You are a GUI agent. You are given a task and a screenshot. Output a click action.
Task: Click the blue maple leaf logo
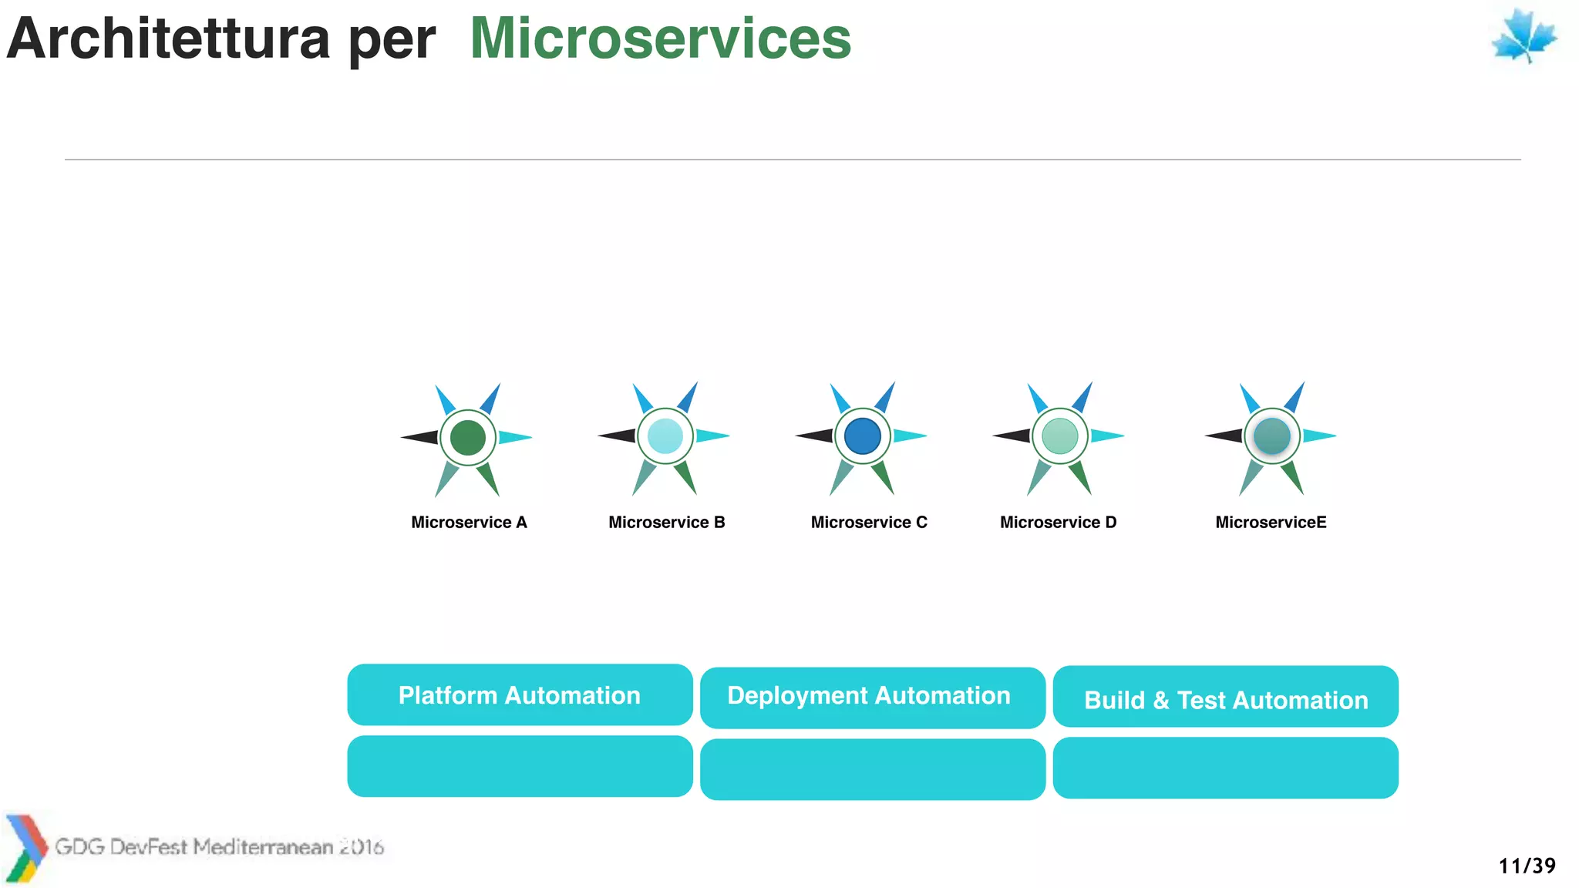click(1523, 36)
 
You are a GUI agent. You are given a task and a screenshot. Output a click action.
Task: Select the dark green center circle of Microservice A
click(467, 438)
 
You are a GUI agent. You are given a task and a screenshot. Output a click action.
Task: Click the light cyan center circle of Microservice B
click(665, 436)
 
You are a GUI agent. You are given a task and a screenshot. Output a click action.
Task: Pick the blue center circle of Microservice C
click(862, 436)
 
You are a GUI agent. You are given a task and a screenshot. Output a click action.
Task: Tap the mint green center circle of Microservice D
click(1059, 436)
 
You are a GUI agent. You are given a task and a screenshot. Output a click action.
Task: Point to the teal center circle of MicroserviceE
click(1271, 436)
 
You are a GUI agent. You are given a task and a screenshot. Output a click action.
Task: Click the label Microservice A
click(469, 523)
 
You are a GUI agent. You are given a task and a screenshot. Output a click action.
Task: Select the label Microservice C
click(869, 523)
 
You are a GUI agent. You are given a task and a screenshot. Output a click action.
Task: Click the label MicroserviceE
click(1271, 523)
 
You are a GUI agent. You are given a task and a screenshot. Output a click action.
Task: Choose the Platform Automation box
click(520, 695)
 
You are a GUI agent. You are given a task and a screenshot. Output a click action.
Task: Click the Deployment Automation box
click(872, 698)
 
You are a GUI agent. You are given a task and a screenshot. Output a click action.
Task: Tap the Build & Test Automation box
click(1225, 697)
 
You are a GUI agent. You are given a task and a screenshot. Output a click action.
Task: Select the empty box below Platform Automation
click(520, 766)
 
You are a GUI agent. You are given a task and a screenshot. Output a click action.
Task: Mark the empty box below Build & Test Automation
click(1225, 768)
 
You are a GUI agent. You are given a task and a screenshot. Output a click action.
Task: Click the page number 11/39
click(1527, 866)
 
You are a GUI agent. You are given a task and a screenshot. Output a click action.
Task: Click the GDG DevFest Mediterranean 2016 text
click(219, 847)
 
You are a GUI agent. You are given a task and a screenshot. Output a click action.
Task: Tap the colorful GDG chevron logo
click(25, 848)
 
